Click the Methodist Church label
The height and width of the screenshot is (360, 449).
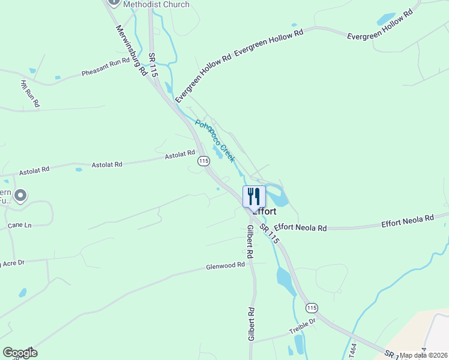pyautogui.click(x=156, y=4)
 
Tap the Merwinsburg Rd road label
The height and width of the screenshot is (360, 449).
pyautogui.click(x=130, y=49)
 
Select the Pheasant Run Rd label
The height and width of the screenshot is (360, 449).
pyautogui.click(x=106, y=68)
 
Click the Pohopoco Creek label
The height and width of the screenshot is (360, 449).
pyautogui.click(x=214, y=141)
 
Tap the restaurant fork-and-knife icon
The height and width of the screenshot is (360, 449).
pyautogui.click(x=254, y=196)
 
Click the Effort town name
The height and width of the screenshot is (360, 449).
pyautogui.click(x=265, y=211)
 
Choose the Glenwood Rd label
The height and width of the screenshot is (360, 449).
pyautogui.click(x=226, y=265)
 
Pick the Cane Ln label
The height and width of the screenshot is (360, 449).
pyautogui.click(x=19, y=226)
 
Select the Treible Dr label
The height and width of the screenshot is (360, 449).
pyautogui.click(x=302, y=326)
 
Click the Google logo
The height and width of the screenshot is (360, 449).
pyautogui.click(x=20, y=352)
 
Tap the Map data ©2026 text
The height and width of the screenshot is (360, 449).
pyautogui.click(x=424, y=355)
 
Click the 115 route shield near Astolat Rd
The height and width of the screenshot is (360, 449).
pyautogui.click(x=203, y=161)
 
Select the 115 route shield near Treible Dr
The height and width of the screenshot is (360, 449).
pyautogui.click(x=311, y=308)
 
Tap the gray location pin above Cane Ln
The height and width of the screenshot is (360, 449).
pyautogui.click(x=20, y=195)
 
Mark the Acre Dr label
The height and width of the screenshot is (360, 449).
pyautogui.click(x=13, y=263)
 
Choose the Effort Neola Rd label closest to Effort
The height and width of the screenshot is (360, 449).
pyautogui.click(x=300, y=228)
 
